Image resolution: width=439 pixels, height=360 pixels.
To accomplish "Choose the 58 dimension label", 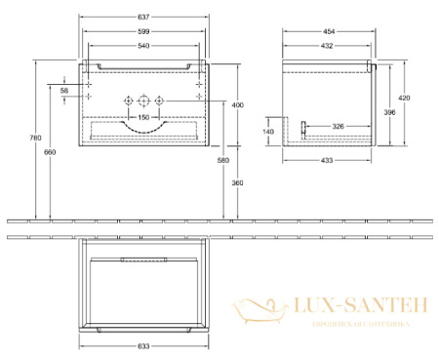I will pos(65,90).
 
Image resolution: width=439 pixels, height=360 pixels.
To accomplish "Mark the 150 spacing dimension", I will pos(143,117).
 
